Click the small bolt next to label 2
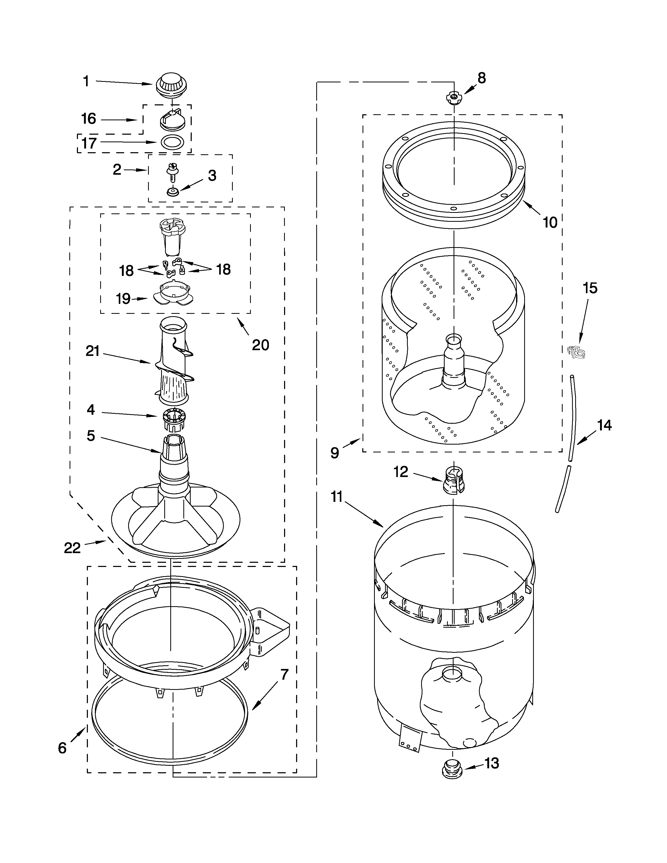coord(172,172)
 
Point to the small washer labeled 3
coord(173,192)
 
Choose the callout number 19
coord(123,299)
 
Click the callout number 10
coord(550,223)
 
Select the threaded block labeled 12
coord(454,480)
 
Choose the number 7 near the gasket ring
coord(285,674)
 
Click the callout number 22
coord(72,548)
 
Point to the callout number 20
coord(261,345)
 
